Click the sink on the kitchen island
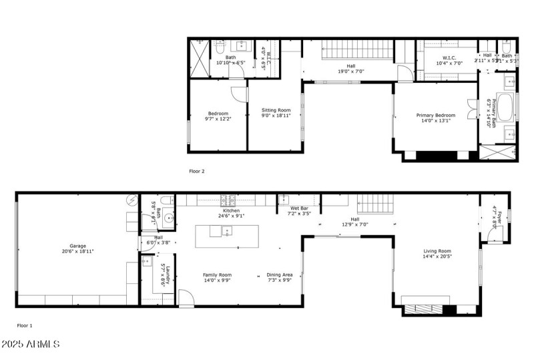(x=226, y=232)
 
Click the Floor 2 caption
(x=197, y=171)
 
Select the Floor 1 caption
(x=25, y=326)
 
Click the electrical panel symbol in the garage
(x=132, y=199)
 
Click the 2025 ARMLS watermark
(x=32, y=345)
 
